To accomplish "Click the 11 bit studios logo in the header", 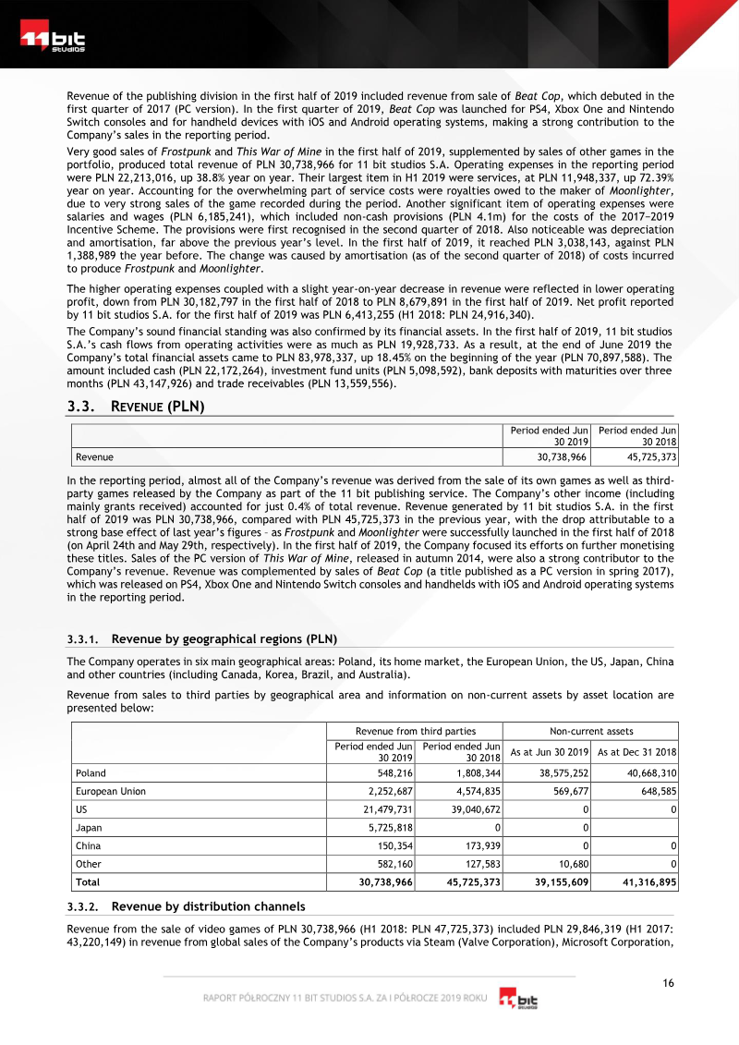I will [54, 42].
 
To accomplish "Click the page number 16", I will [667, 982].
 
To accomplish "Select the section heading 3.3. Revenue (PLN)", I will [136, 407].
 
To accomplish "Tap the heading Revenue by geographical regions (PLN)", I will [224, 638].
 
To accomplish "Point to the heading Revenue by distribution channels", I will [208, 905].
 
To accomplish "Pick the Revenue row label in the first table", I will [94, 456].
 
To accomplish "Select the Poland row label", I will [91, 772].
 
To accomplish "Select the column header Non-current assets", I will [590, 731].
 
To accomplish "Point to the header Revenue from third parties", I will [416, 731].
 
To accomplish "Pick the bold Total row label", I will [88, 882].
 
